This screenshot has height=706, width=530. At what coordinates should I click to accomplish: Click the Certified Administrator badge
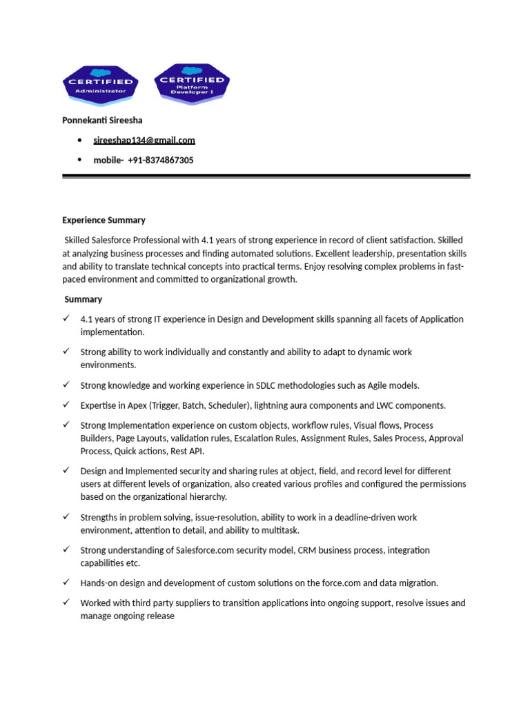(x=100, y=84)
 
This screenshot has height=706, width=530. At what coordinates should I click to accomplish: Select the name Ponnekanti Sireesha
(x=102, y=121)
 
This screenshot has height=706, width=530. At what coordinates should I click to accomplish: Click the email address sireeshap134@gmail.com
(x=144, y=140)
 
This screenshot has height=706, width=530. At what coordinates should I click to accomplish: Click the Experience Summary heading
(x=104, y=220)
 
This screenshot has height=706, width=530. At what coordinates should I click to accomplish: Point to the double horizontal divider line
(x=266, y=176)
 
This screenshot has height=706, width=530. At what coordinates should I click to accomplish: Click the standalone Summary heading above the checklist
(x=83, y=299)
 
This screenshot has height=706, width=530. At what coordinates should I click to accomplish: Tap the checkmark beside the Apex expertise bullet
(x=66, y=404)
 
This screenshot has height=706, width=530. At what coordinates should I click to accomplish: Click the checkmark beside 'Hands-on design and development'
(x=66, y=582)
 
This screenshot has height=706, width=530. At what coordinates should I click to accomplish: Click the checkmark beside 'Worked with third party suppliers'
(x=66, y=602)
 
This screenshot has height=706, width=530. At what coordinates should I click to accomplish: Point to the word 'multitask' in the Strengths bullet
(x=281, y=530)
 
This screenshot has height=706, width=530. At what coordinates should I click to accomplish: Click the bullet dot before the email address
(x=80, y=141)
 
